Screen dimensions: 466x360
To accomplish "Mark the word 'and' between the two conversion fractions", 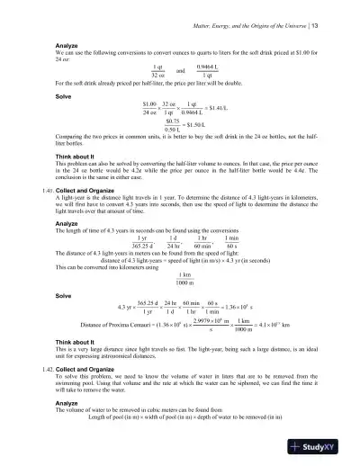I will click(181, 69).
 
